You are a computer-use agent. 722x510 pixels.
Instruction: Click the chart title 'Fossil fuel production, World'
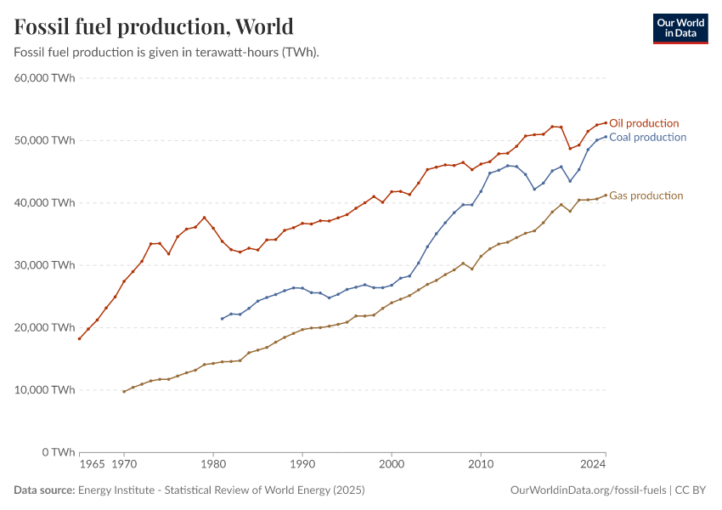[x=154, y=26]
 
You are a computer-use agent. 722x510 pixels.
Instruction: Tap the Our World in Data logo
[x=680, y=28]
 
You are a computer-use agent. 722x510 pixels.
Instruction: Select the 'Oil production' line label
[x=644, y=123]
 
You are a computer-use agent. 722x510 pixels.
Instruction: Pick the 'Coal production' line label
[x=647, y=137]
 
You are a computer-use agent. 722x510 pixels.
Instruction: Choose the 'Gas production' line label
[x=646, y=195]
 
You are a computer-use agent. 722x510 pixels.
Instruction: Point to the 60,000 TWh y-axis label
[x=45, y=78]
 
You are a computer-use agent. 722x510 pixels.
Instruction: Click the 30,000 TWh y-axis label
[x=45, y=265]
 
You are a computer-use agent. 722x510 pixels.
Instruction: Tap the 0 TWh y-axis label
[x=58, y=452]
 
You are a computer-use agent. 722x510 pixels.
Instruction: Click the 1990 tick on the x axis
[x=302, y=465]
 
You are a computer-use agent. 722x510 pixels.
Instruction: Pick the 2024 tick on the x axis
[x=593, y=465]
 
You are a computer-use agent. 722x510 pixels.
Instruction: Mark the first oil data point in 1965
[x=79, y=338]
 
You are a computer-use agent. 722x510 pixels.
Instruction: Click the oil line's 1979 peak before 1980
[x=204, y=218]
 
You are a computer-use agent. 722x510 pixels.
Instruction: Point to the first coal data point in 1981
[x=222, y=319]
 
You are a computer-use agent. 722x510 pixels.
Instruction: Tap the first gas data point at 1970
[x=124, y=392]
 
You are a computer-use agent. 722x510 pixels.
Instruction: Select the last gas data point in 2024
[x=605, y=195]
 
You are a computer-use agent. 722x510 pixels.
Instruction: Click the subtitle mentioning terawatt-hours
[x=166, y=52]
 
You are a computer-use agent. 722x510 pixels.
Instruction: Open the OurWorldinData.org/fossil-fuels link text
[x=588, y=490]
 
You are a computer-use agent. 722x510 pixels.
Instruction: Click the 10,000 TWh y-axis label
[x=45, y=390]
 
